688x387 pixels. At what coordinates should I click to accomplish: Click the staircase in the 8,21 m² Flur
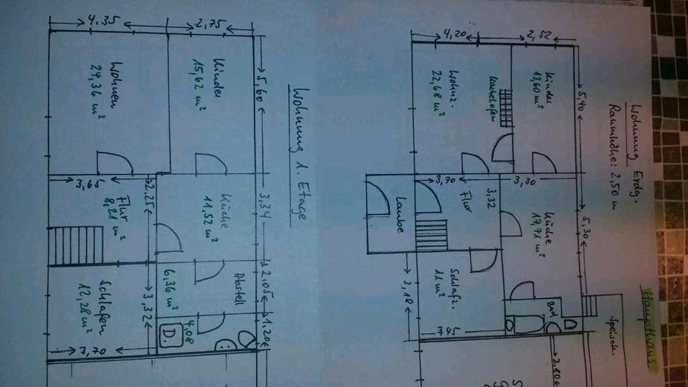[x=75, y=245]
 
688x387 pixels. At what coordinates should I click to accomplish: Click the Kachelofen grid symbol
[x=506, y=108]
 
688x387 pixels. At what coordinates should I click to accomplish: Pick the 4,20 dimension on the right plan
[x=456, y=33]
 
